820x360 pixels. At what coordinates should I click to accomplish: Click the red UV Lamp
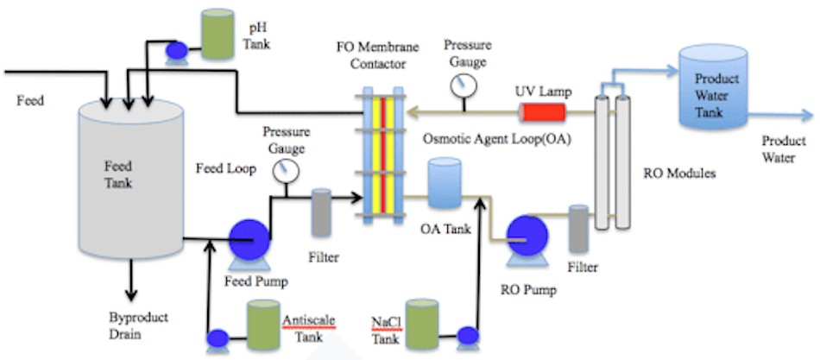[x=542, y=112]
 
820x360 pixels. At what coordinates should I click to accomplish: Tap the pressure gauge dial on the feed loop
[x=281, y=171]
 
